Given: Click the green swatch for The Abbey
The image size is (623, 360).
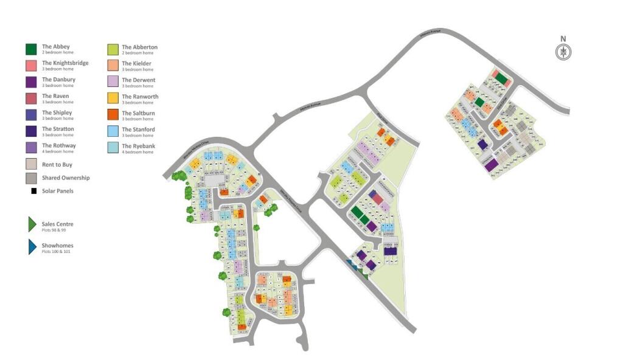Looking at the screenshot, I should tap(31, 49).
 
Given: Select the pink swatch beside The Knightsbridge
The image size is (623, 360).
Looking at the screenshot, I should tap(31, 66).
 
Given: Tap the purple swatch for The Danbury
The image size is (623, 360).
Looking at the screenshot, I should tap(31, 82).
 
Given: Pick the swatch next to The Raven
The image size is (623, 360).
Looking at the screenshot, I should tap(31, 99).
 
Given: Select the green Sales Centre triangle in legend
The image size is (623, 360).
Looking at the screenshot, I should tap(32, 225).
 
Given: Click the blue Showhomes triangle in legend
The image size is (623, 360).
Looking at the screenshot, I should tap(32, 247).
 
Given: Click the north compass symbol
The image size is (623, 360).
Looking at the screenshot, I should tap(563, 52).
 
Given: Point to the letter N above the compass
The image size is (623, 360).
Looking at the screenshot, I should tap(563, 40).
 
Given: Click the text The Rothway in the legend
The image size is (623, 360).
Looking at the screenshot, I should tap(59, 145).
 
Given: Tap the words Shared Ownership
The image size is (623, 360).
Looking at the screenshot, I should tap(66, 178).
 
